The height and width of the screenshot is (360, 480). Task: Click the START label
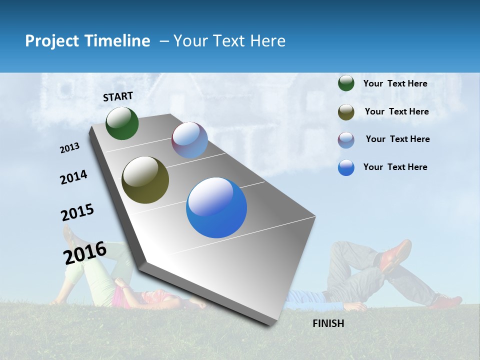pyautogui.click(x=118, y=96)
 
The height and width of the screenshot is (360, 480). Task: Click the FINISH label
pyautogui.click(x=328, y=323)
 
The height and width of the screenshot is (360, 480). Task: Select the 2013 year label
pyautogui.click(x=70, y=148)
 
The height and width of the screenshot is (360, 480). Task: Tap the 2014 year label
pyautogui.click(x=73, y=177)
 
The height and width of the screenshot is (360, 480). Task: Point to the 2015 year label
pyautogui.click(x=77, y=212)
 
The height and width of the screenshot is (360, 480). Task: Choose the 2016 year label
pyautogui.click(x=85, y=253)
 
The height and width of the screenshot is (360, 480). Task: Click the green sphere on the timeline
pyautogui.click(x=122, y=123)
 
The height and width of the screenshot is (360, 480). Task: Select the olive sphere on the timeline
pyautogui.click(x=145, y=180)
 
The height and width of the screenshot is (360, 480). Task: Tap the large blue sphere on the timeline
pyautogui.click(x=216, y=207)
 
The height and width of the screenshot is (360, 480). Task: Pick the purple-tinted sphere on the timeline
pyautogui.click(x=189, y=140)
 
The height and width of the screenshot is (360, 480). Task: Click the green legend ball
pyautogui.click(x=346, y=83)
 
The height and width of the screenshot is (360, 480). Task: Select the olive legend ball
pyautogui.click(x=346, y=112)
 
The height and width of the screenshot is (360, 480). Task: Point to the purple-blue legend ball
pyautogui.click(x=346, y=140)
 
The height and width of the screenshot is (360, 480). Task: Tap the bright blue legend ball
pyautogui.click(x=346, y=167)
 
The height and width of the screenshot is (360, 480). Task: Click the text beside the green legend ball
pyautogui.click(x=395, y=84)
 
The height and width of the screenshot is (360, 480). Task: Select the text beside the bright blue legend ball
pyautogui.click(x=395, y=167)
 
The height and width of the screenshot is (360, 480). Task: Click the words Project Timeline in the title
pyautogui.click(x=87, y=41)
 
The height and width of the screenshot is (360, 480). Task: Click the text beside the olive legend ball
pyautogui.click(x=396, y=111)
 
